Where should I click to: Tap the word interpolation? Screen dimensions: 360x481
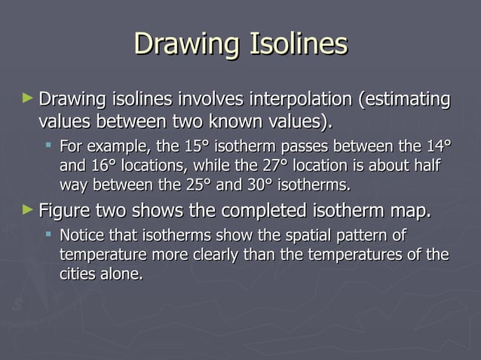point(291,99)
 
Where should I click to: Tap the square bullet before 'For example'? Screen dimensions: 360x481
point(49,145)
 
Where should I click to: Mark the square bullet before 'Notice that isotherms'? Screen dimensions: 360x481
point(49,236)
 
